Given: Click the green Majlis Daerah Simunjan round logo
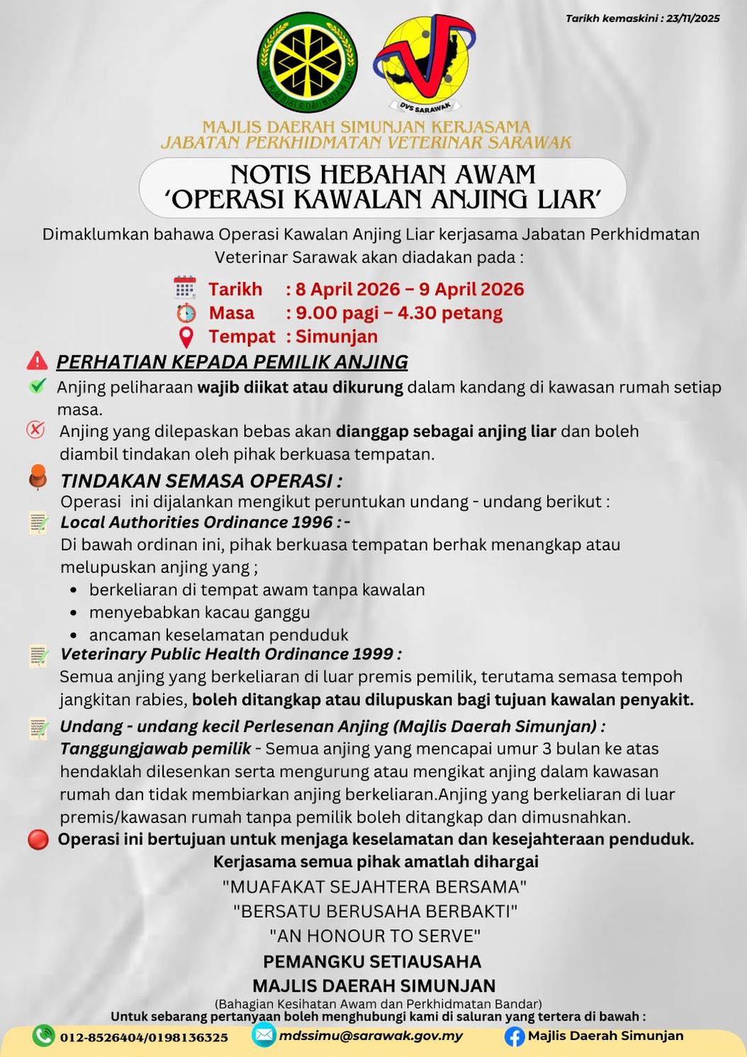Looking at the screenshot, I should [307, 63].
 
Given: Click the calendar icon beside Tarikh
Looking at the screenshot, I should [185, 288].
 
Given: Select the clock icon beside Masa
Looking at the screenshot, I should [186, 312].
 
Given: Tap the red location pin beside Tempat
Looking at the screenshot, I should [186, 337].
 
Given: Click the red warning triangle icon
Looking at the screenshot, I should [37, 361].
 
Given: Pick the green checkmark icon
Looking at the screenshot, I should [38, 386].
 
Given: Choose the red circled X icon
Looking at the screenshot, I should [35, 429].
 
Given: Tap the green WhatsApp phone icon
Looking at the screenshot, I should [44, 1036].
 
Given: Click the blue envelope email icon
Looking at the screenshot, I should [264, 1035].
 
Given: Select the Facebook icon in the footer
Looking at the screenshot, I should [514, 1036].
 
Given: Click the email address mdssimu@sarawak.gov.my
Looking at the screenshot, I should [371, 1036].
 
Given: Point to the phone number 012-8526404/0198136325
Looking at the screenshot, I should [144, 1037].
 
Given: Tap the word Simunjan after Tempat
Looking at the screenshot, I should [337, 337].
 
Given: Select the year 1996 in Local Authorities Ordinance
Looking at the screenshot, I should [311, 522].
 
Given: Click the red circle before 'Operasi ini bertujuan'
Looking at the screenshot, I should [38, 840].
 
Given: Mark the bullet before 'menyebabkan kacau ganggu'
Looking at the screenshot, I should [75, 612].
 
